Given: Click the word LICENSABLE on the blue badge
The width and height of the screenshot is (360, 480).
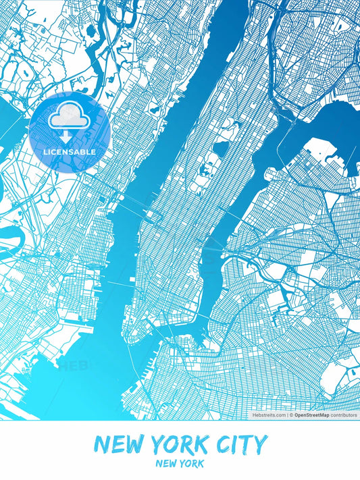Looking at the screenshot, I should (x=69, y=152).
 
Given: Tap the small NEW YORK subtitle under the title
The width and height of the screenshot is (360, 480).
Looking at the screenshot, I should (x=179, y=464).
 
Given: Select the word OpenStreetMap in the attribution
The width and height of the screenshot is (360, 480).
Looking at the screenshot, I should (x=311, y=415).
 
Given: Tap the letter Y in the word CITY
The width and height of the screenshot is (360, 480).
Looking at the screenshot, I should (x=260, y=444).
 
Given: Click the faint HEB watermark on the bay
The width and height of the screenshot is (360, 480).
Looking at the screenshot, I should (x=74, y=367).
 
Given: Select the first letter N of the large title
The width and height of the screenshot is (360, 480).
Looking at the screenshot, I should (x=102, y=444).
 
